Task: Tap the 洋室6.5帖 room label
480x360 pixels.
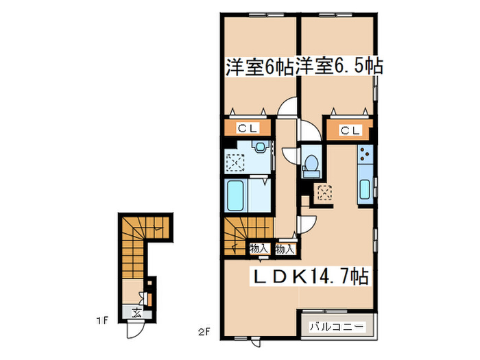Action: click(x=339, y=67)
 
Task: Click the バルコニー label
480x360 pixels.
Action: click(x=336, y=325)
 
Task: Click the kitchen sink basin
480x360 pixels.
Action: click(x=365, y=189)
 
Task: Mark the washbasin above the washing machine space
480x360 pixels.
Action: click(x=259, y=147)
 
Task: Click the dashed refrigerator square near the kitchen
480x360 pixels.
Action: click(x=322, y=193)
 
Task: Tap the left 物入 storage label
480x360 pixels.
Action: click(x=259, y=249)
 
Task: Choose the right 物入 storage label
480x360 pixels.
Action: click(x=285, y=249)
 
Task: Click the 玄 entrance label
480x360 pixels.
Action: click(x=136, y=315)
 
